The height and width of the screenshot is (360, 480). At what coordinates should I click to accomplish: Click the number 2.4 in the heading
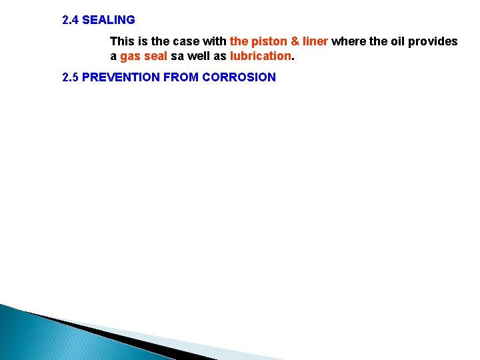[x=70, y=20]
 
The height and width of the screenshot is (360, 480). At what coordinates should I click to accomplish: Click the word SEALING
[x=109, y=20]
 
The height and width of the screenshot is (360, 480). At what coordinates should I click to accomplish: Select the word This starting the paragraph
[x=122, y=41]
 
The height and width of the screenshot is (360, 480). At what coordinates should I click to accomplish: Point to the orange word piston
[x=270, y=41]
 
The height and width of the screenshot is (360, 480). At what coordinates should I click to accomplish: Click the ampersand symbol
[x=295, y=41]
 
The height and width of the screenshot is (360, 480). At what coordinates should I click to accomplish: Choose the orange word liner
[x=315, y=41]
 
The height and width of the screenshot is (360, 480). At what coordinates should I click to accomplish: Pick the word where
[x=347, y=41]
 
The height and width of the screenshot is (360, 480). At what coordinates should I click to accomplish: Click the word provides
[x=433, y=41]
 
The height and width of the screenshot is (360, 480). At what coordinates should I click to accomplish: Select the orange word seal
[x=155, y=57]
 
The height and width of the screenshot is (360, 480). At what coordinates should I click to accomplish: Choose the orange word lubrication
[x=261, y=57]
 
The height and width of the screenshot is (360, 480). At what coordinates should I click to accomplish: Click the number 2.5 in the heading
[x=70, y=77]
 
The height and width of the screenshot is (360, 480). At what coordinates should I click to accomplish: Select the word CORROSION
[x=239, y=77]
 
